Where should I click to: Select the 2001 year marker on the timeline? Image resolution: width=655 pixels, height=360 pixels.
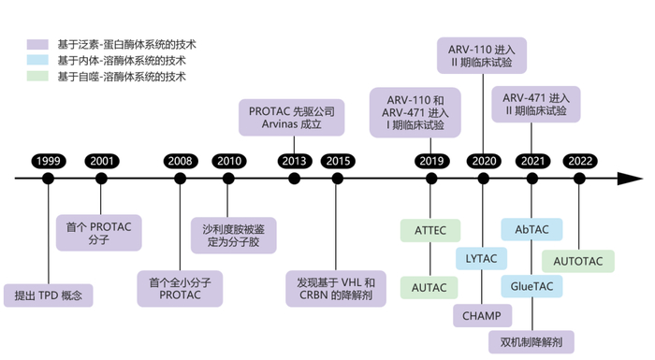pyautogui.click(x=101, y=161)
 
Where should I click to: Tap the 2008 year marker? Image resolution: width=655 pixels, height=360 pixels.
pyautogui.click(x=180, y=161)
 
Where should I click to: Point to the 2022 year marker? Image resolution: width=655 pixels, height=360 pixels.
pyautogui.click(x=580, y=161)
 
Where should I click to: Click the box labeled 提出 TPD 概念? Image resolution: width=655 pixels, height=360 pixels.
pyautogui.click(x=49, y=295)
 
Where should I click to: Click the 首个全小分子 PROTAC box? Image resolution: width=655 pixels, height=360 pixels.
pyautogui.click(x=180, y=287)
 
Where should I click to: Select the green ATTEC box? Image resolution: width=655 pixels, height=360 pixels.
pyautogui.click(x=430, y=229)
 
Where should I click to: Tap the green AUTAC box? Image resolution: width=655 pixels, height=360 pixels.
pyautogui.click(x=430, y=287)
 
